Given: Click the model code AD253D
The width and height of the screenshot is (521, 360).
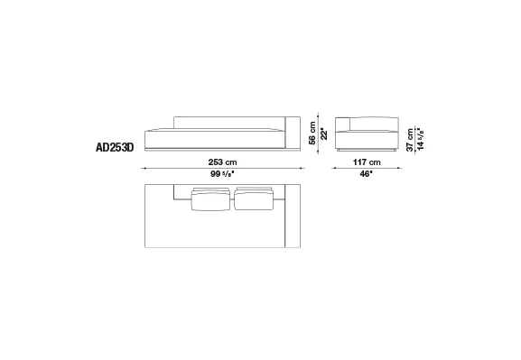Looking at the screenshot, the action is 115,147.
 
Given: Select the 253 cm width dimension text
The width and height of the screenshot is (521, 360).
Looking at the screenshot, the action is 223,162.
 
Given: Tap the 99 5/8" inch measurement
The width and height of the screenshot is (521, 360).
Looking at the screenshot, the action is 223,174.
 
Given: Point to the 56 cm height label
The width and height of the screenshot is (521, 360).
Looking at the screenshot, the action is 312,134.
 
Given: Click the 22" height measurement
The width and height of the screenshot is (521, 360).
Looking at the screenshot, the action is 324,134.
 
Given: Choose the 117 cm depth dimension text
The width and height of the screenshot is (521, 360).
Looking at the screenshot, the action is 367,162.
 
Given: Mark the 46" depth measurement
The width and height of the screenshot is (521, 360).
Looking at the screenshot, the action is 367,174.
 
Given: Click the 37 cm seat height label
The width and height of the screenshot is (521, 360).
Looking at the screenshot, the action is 410,140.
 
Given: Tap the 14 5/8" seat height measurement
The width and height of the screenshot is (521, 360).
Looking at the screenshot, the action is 421,138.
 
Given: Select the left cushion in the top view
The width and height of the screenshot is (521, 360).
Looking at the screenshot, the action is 210,199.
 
